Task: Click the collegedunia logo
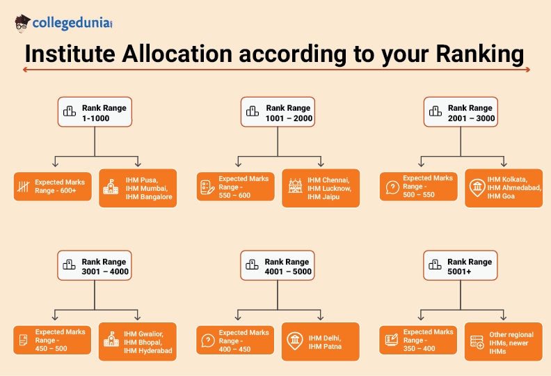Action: [x=63, y=23]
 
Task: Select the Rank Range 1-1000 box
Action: [x=95, y=113]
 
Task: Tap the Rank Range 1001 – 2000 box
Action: [x=278, y=113]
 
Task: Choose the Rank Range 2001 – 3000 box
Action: [x=461, y=113]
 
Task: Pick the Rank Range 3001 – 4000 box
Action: [x=95, y=267]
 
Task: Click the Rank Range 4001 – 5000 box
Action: [x=278, y=267]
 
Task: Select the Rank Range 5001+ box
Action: [x=461, y=267]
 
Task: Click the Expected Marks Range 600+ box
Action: [x=52, y=187]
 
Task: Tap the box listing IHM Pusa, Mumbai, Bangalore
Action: [x=138, y=188]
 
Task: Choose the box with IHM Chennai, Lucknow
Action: [x=321, y=188]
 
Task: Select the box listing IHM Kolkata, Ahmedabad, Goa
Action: [x=504, y=188]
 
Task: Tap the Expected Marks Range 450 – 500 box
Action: [x=52, y=340]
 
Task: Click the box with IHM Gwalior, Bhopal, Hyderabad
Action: [x=138, y=342]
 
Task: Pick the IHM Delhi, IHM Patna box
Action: [x=321, y=342]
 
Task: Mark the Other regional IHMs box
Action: [x=504, y=342]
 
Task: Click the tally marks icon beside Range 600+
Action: [x=24, y=187]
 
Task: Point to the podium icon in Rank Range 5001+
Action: [x=435, y=265]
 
